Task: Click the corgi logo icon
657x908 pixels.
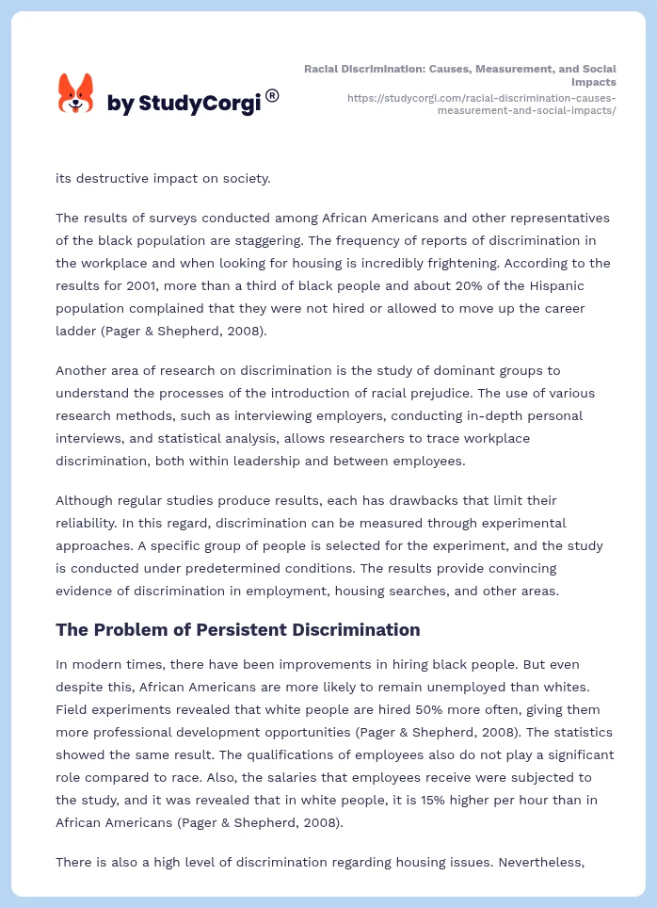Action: point(76,93)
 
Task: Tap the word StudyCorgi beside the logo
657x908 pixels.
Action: point(200,104)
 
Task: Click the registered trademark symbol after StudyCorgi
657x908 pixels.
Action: point(272,95)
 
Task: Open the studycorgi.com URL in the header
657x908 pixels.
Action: point(481,104)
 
